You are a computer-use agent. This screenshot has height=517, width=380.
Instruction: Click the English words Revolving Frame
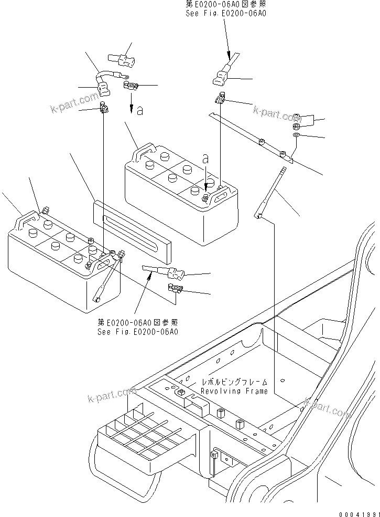235,391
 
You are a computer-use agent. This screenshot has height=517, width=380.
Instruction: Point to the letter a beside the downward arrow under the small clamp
139,111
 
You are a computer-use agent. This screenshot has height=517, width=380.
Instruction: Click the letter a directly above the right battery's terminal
205,158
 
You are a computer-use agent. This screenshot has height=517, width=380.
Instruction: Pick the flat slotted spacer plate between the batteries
132,231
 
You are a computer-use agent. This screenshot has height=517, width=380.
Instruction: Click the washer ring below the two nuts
296,136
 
